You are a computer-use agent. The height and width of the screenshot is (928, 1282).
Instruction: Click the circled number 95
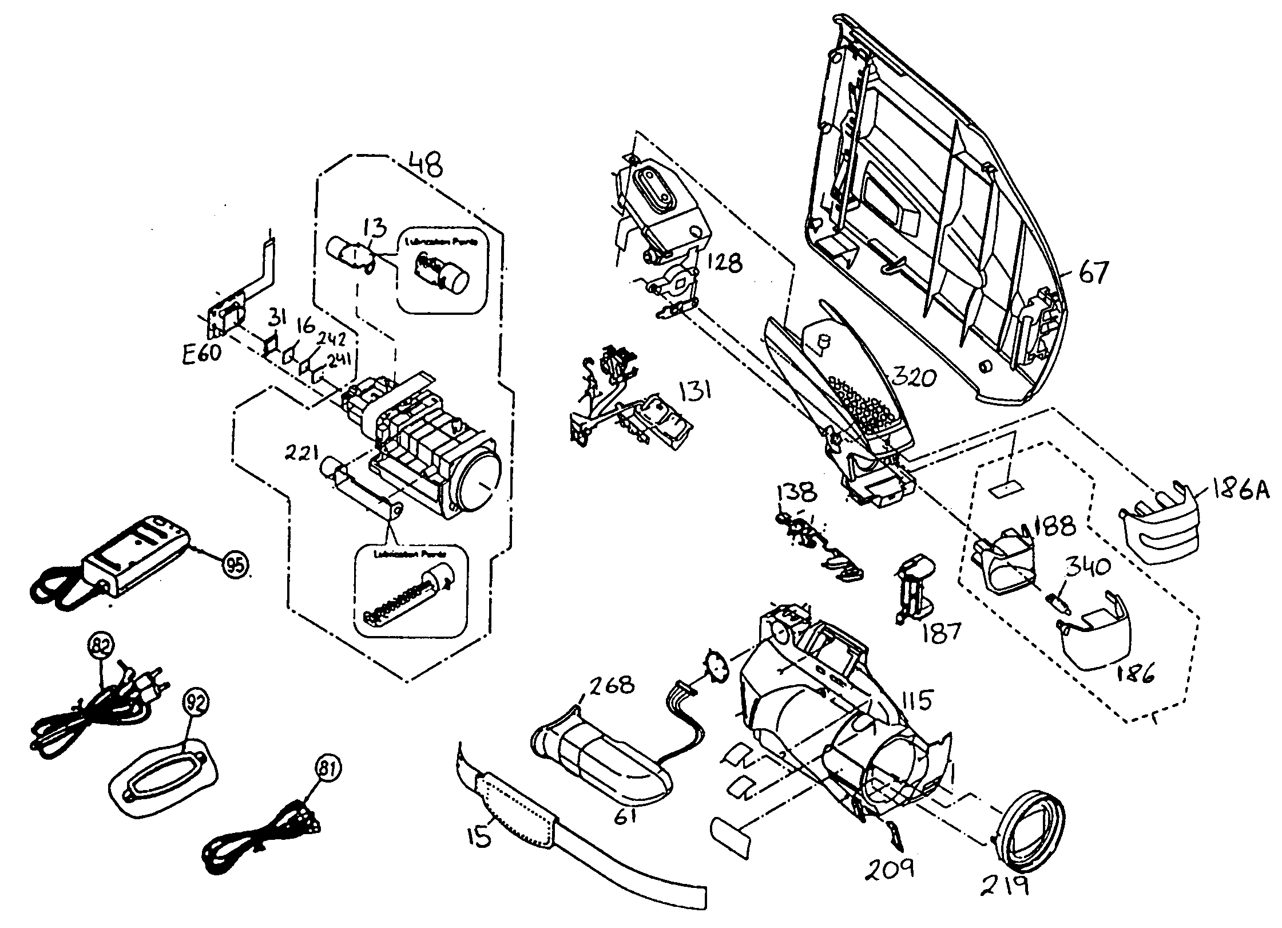tap(236, 564)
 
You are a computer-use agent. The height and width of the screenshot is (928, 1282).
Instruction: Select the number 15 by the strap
tap(479, 838)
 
